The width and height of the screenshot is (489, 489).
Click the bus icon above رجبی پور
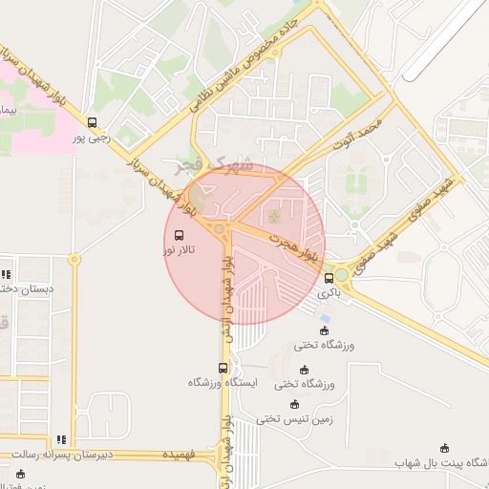pyautogui.click(x=93, y=122)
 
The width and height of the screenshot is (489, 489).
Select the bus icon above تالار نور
pyautogui.click(x=181, y=234)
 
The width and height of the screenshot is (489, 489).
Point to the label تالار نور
pyautogui.click(x=181, y=249)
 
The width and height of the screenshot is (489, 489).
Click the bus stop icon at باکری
pyautogui.click(x=330, y=279)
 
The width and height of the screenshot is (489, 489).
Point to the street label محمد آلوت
pyautogui.click(x=357, y=135)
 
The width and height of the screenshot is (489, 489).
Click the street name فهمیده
pyautogui.click(x=179, y=455)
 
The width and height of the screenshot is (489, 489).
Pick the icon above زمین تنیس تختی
pyautogui.click(x=294, y=404)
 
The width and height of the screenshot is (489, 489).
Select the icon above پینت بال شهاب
pyautogui.click(x=443, y=448)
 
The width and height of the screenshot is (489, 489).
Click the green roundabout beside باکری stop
pyautogui.click(x=341, y=275)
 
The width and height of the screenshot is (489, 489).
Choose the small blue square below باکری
pyautogui.click(x=326, y=318)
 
